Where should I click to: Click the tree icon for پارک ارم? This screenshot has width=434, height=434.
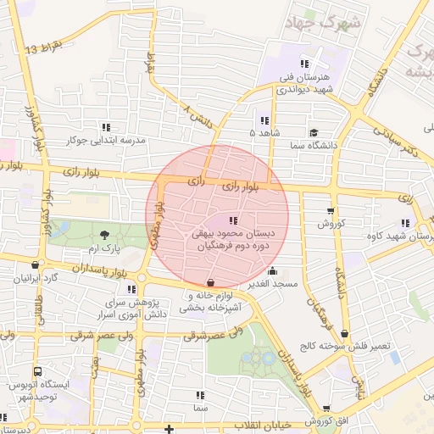click(104, 235)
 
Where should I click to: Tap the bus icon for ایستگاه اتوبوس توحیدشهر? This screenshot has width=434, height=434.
click(38, 371)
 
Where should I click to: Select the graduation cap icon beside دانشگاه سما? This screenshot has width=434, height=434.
click(314, 132)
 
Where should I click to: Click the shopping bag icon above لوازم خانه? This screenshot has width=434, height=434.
click(210, 281)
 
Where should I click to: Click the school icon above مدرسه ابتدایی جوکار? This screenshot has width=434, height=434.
click(106, 126)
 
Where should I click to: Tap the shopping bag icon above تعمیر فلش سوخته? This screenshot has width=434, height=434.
click(345, 333)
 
